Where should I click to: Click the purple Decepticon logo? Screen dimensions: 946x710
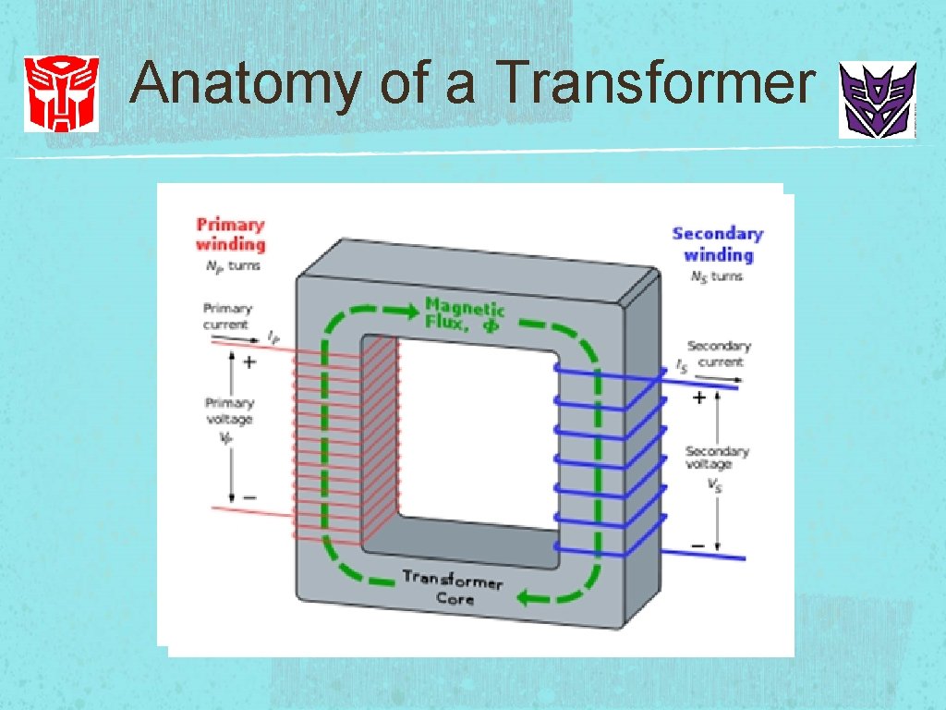tap(877, 100)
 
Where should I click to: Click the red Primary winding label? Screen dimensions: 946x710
tap(230, 234)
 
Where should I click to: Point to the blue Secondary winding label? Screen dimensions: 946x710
tap(718, 244)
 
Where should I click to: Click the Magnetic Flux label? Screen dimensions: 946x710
tap(465, 313)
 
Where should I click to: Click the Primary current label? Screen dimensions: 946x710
tap(227, 316)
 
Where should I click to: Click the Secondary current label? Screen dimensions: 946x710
tap(718, 354)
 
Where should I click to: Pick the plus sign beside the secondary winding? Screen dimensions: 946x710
tap(699, 398)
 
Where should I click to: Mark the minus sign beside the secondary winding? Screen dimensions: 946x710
tap(697, 545)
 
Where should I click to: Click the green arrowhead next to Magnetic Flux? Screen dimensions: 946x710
tap(402, 309)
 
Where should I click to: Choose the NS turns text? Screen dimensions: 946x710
tap(716, 276)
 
